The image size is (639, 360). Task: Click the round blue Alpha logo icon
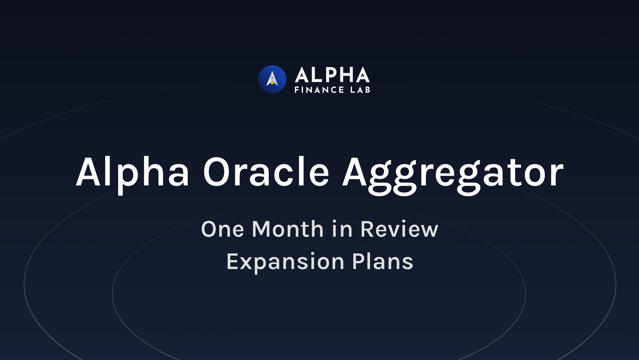272,79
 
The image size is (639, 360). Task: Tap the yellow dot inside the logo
272,83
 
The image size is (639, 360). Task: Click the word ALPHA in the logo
332,75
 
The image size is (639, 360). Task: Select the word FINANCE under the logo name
319,90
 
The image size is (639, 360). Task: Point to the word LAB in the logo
360,90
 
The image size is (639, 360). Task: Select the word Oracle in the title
266,173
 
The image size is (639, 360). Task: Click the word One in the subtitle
223,229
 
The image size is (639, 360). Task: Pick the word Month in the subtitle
288,229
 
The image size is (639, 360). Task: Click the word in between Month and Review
342,229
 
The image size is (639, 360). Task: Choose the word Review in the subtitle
399,229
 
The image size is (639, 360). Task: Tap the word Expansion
285,262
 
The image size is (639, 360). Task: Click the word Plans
382,262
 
